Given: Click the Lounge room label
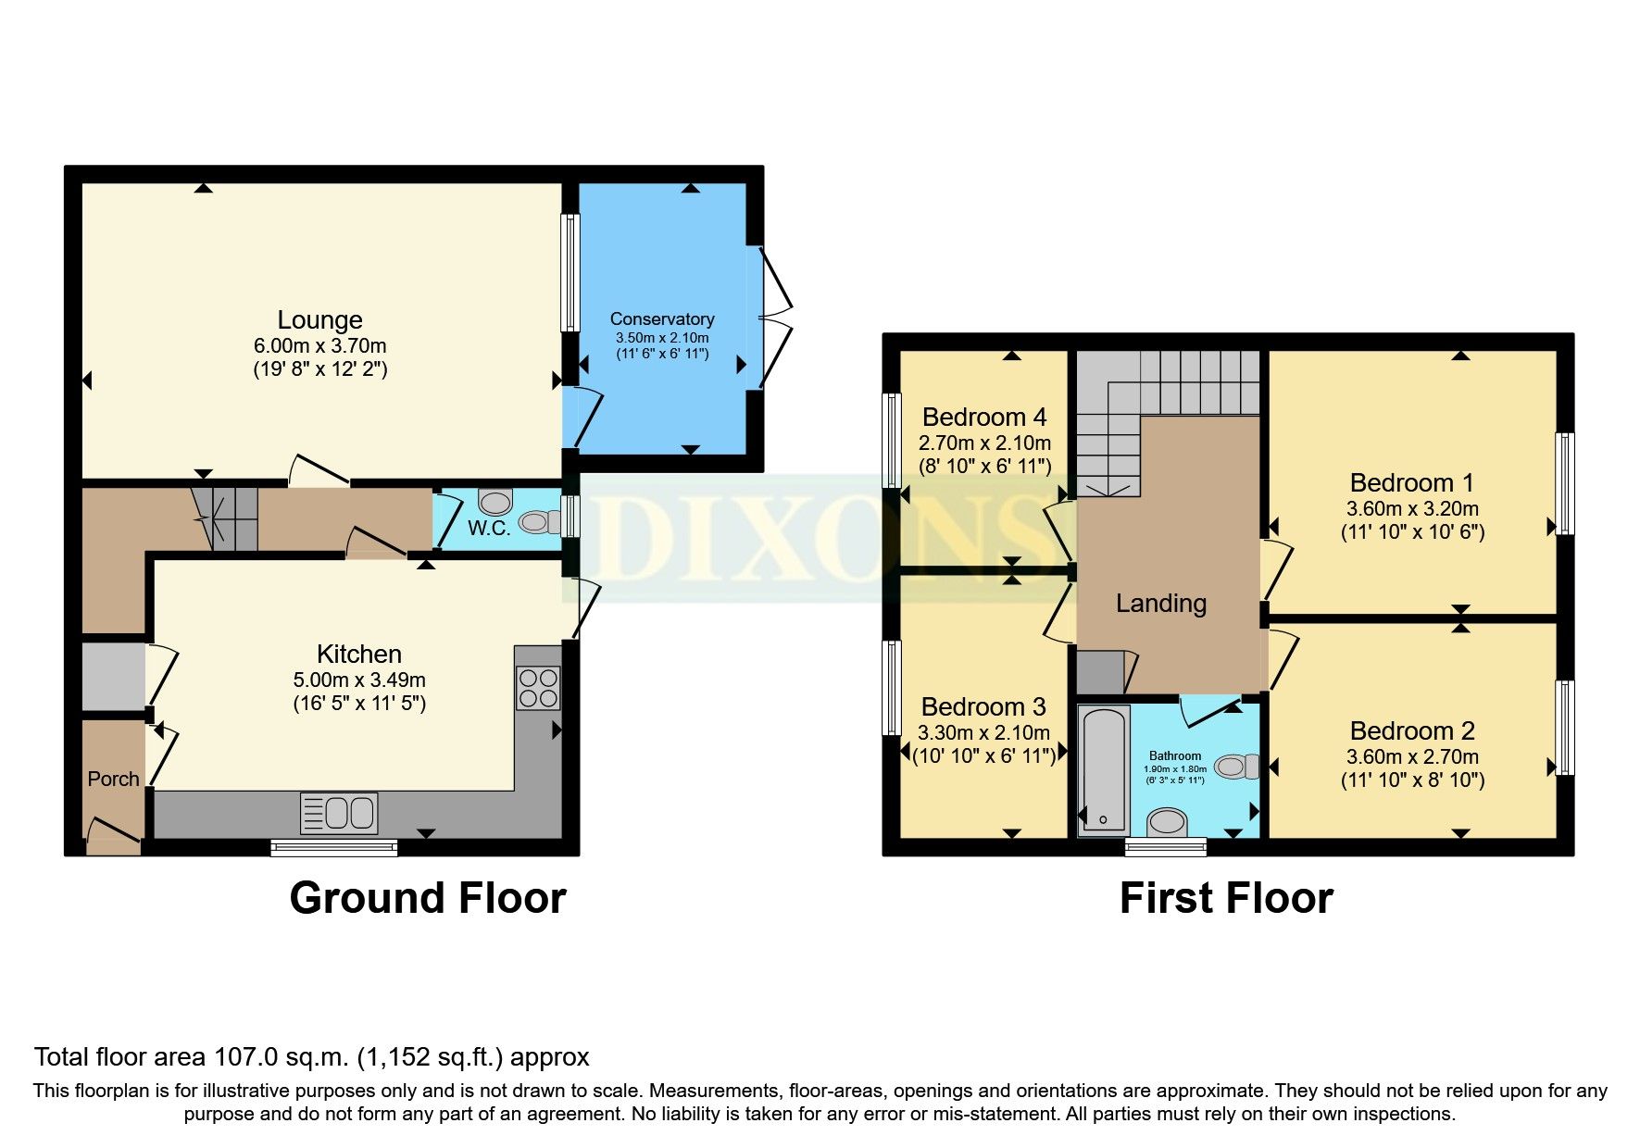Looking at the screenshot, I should click(319, 320).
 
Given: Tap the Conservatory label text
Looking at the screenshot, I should click(661, 319).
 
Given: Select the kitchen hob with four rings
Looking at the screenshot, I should click(538, 688).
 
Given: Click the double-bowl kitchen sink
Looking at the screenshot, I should click(339, 814).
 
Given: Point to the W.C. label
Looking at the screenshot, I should click(488, 529).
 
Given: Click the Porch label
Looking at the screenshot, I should click(113, 780).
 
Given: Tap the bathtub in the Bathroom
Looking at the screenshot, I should click(1104, 768).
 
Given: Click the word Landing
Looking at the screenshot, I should click(1160, 604).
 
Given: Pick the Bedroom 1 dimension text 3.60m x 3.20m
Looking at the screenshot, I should click(1412, 509).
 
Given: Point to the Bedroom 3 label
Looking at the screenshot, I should click(983, 707).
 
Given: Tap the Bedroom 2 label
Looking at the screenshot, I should click(1412, 731).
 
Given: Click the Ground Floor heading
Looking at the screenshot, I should click(427, 898).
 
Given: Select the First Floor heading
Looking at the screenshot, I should click(1226, 898).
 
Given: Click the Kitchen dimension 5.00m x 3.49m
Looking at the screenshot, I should click(359, 680).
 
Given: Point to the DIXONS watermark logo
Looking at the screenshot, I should click(815, 537).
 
